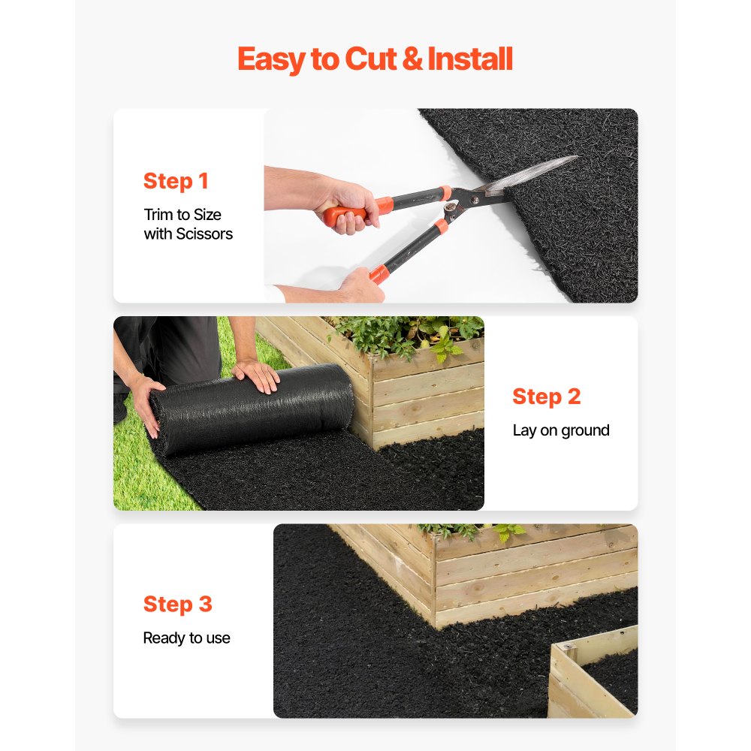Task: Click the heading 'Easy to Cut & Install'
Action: click(375, 59)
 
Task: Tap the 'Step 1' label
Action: click(176, 181)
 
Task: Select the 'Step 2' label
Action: click(546, 397)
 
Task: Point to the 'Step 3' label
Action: click(177, 604)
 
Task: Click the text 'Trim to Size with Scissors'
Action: click(188, 225)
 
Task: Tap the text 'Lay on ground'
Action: click(560, 430)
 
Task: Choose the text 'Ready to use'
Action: click(186, 638)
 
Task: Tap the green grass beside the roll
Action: click(135, 473)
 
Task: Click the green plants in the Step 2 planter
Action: click(409, 334)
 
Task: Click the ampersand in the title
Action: click(412, 59)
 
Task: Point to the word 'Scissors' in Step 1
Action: click(204, 234)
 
